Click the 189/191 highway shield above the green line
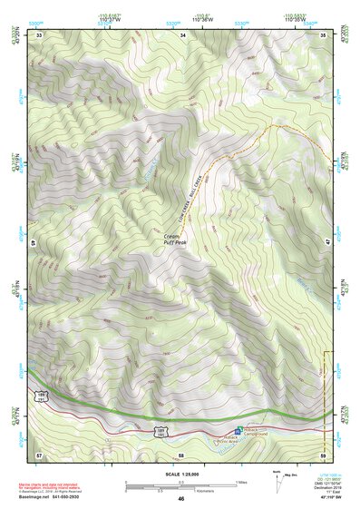42,397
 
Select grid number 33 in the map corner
39,35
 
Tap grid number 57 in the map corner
39,453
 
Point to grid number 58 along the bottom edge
181,453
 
